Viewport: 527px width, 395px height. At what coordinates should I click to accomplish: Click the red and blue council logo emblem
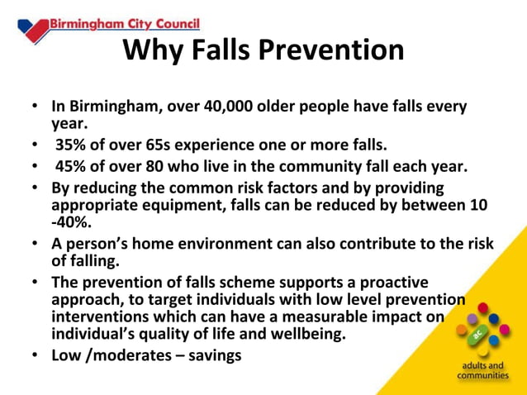(x=32, y=27)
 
